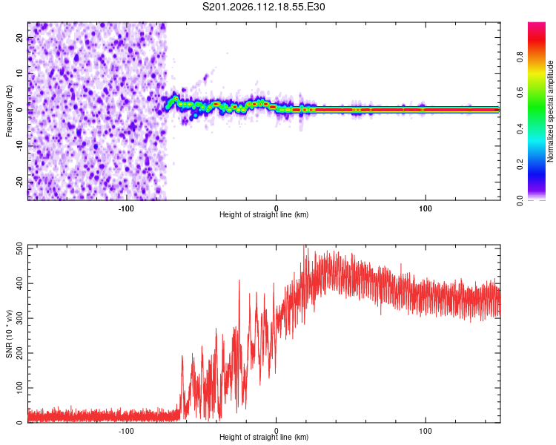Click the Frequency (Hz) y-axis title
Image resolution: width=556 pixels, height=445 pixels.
point(10,111)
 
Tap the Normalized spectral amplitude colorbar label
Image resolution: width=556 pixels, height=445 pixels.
point(551,111)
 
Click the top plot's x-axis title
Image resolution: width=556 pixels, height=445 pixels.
point(264,214)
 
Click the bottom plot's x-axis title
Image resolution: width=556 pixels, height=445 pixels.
point(264,437)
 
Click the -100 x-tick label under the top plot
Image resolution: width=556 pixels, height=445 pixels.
point(126,207)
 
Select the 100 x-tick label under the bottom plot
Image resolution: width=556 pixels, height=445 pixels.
point(426,429)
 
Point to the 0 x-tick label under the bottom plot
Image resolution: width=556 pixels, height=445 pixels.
point(277,429)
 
